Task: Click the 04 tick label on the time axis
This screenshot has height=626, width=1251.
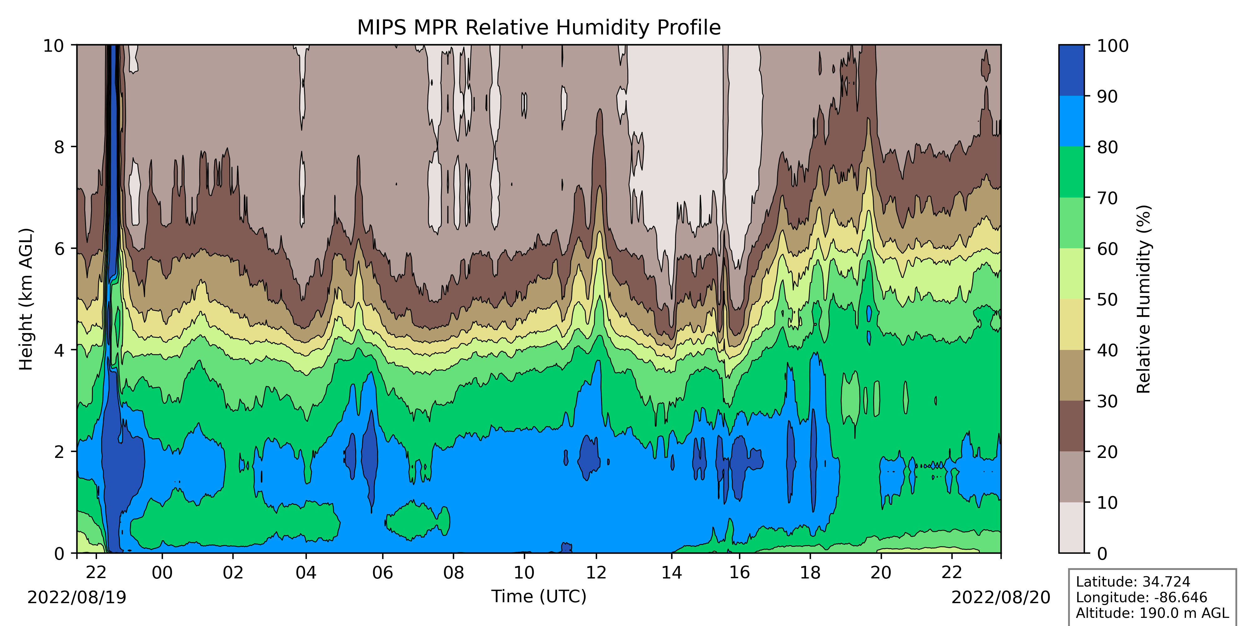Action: [306, 572]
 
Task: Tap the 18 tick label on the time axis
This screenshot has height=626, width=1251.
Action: [810, 572]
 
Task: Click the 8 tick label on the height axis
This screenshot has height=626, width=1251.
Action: [59, 147]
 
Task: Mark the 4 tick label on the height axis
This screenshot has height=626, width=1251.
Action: [59, 350]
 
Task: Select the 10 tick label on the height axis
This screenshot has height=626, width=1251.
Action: [53, 46]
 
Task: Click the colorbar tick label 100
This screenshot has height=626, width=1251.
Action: [1113, 46]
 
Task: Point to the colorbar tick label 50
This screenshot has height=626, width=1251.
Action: [1107, 300]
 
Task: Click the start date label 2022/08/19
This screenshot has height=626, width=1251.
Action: [77, 597]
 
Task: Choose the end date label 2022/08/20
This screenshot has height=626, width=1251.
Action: [1000, 597]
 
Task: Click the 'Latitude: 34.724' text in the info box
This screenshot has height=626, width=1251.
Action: [1133, 582]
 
